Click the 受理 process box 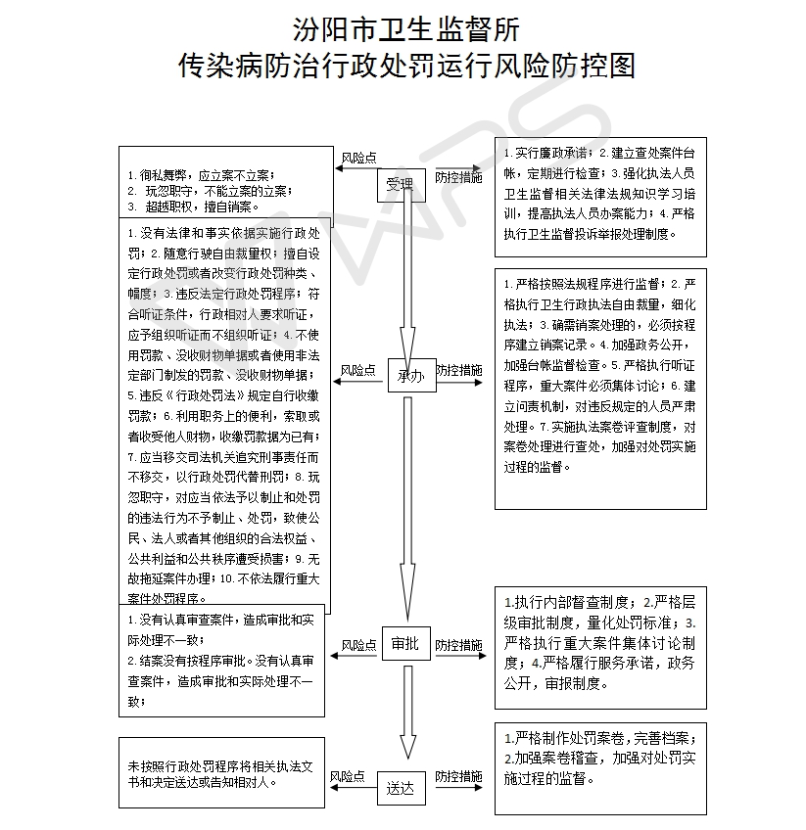tap(401, 183)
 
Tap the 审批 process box tap(405, 643)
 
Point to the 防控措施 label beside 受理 tap(458, 177)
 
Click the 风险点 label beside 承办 tap(358, 371)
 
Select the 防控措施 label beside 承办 tap(458, 371)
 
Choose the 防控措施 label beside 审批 tap(458, 646)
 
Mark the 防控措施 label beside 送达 tap(458, 776)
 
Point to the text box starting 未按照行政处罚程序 tap(220, 772)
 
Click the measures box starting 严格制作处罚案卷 tap(599, 767)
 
